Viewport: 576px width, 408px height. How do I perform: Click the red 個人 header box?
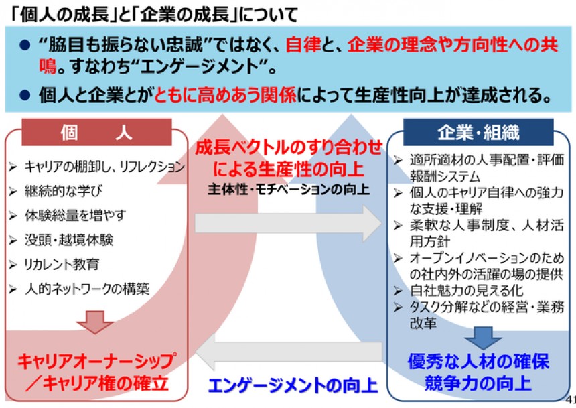(96, 132)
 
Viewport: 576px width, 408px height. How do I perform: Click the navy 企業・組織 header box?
(478, 132)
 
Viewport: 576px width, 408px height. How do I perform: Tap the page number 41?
(571, 399)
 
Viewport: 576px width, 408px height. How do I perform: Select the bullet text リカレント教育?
(62, 264)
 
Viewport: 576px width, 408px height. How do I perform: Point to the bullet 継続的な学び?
(63, 191)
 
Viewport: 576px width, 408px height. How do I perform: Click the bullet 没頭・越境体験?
(69, 240)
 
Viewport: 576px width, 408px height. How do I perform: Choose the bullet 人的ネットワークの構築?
(87, 289)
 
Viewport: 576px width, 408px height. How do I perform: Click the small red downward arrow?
(95, 322)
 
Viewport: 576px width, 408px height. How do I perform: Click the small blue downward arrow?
(483, 338)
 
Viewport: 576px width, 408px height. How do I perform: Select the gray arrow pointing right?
(289, 224)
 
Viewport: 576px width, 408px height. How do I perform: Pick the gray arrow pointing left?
(289, 352)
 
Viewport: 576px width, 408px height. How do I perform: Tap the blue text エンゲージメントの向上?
(293, 385)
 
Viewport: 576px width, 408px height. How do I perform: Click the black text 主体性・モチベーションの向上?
(289, 190)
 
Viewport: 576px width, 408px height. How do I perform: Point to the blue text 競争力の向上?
(478, 383)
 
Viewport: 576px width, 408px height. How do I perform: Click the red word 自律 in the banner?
(303, 45)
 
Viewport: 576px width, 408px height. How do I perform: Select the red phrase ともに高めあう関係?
(225, 95)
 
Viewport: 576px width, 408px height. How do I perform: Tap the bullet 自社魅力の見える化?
(467, 290)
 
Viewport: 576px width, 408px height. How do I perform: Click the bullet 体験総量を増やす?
(75, 216)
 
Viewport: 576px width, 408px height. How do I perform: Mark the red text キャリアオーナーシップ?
(97, 361)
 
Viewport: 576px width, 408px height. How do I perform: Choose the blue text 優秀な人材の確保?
(478, 361)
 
